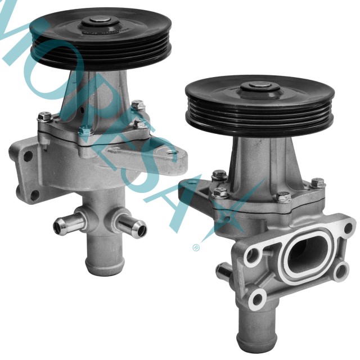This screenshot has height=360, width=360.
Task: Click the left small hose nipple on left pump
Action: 63,226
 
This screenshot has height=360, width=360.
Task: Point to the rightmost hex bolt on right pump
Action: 318,183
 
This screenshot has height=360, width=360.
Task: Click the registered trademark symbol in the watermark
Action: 196,245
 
